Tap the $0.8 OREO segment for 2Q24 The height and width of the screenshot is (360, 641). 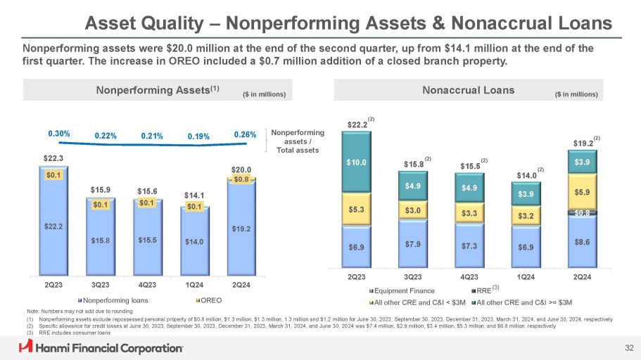(x=241, y=179)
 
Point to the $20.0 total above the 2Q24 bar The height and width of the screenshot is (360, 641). (x=241, y=169)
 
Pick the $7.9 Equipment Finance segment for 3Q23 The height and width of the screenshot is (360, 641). (x=414, y=244)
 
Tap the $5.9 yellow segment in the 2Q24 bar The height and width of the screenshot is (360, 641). (x=583, y=190)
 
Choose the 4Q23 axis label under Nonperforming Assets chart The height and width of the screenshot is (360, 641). (x=147, y=285)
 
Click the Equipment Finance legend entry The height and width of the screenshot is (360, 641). (x=402, y=290)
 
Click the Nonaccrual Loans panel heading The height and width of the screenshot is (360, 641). (x=468, y=90)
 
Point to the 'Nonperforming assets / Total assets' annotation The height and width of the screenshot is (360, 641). (x=296, y=141)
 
